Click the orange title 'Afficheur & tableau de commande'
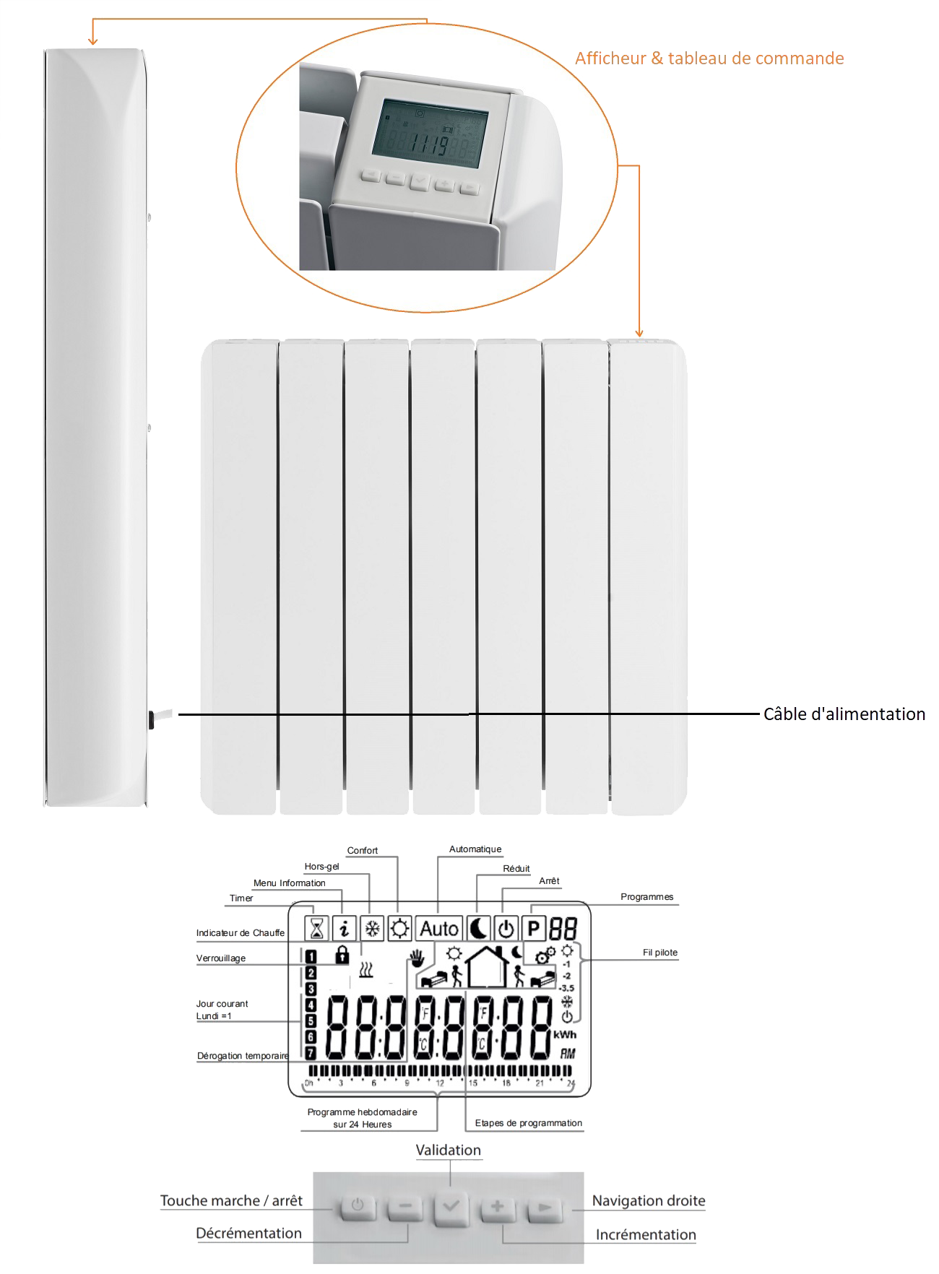[x=709, y=58]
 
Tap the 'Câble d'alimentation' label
[x=844, y=714]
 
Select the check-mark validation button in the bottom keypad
[x=451, y=1207]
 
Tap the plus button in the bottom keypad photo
[x=498, y=1206]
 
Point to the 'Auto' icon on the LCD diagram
[x=439, y=928]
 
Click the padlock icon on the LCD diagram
[x=342, y=955]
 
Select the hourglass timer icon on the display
[x=316, y=928]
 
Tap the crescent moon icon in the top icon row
[x=478, y=928]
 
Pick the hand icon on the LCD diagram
[x=417, y=959]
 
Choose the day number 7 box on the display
[x=311, y=1053]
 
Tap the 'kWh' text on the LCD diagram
[x=565, y=1035]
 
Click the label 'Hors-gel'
[x=321, y=867]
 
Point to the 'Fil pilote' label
[x=660, y=953]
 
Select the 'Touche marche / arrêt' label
[x=231, y=1201]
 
